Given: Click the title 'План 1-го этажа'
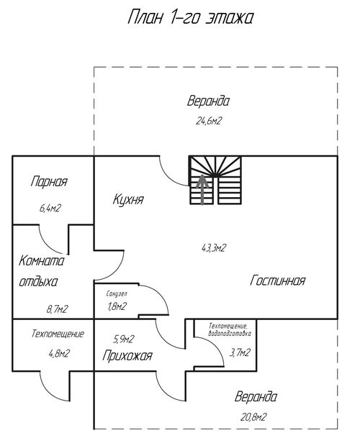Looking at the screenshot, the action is tap(191, 17).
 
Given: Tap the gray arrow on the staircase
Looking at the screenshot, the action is tap(202, 189).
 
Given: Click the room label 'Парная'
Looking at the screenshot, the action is tap(49, 182).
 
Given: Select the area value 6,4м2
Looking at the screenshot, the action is tap(50, 208).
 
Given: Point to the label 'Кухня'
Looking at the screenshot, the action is tap(128, 200).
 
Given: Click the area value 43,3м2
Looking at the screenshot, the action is tap(213, 248).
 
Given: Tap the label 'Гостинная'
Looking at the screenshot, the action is tap(277, 280).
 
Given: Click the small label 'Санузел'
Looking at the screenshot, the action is tap(117, 294).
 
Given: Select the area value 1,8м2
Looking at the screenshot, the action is tap(117, 306).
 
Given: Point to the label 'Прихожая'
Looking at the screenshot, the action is tap(127, 356).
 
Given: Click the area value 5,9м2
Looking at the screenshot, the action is tap(124, 339).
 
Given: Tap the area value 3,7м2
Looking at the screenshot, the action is tap(240, 352).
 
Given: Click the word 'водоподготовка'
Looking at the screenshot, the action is tap(230, 333).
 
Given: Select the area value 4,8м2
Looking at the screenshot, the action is tap(59, 353).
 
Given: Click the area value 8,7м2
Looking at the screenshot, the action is tap(58, 309).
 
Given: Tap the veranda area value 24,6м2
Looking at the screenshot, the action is tap(209, 121).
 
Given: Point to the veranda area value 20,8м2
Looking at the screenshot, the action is tap(253, 417).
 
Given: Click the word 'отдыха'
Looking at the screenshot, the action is tap(38, 282).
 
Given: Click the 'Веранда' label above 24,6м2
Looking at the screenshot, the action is tap(208, 101).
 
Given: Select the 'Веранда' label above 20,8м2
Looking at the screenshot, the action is tap(256, 397).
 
